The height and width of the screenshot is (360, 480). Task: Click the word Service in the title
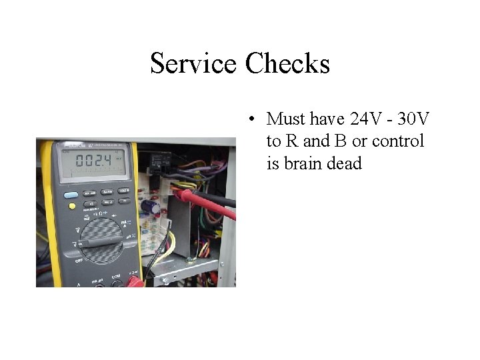tap(193, 64)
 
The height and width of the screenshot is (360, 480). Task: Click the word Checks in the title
tap(287, 64)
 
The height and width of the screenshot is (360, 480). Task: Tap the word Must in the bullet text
tap(286, 119)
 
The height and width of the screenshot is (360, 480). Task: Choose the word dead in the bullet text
tap(347, 163)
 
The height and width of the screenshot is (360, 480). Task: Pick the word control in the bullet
tap(398, 141)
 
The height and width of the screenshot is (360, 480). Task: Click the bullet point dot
tap(251, 120)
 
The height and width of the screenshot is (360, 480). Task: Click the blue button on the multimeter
tap(71, 195)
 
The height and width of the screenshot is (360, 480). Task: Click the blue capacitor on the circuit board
tap(155, 208)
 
